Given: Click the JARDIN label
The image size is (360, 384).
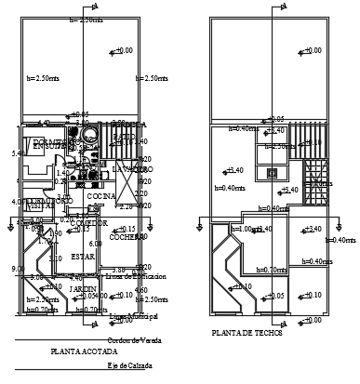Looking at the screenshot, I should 84,289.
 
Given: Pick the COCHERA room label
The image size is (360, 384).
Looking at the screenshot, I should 124,237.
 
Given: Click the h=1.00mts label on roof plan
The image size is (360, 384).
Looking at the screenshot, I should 246,229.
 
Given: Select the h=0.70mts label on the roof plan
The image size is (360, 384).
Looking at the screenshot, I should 269,270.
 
